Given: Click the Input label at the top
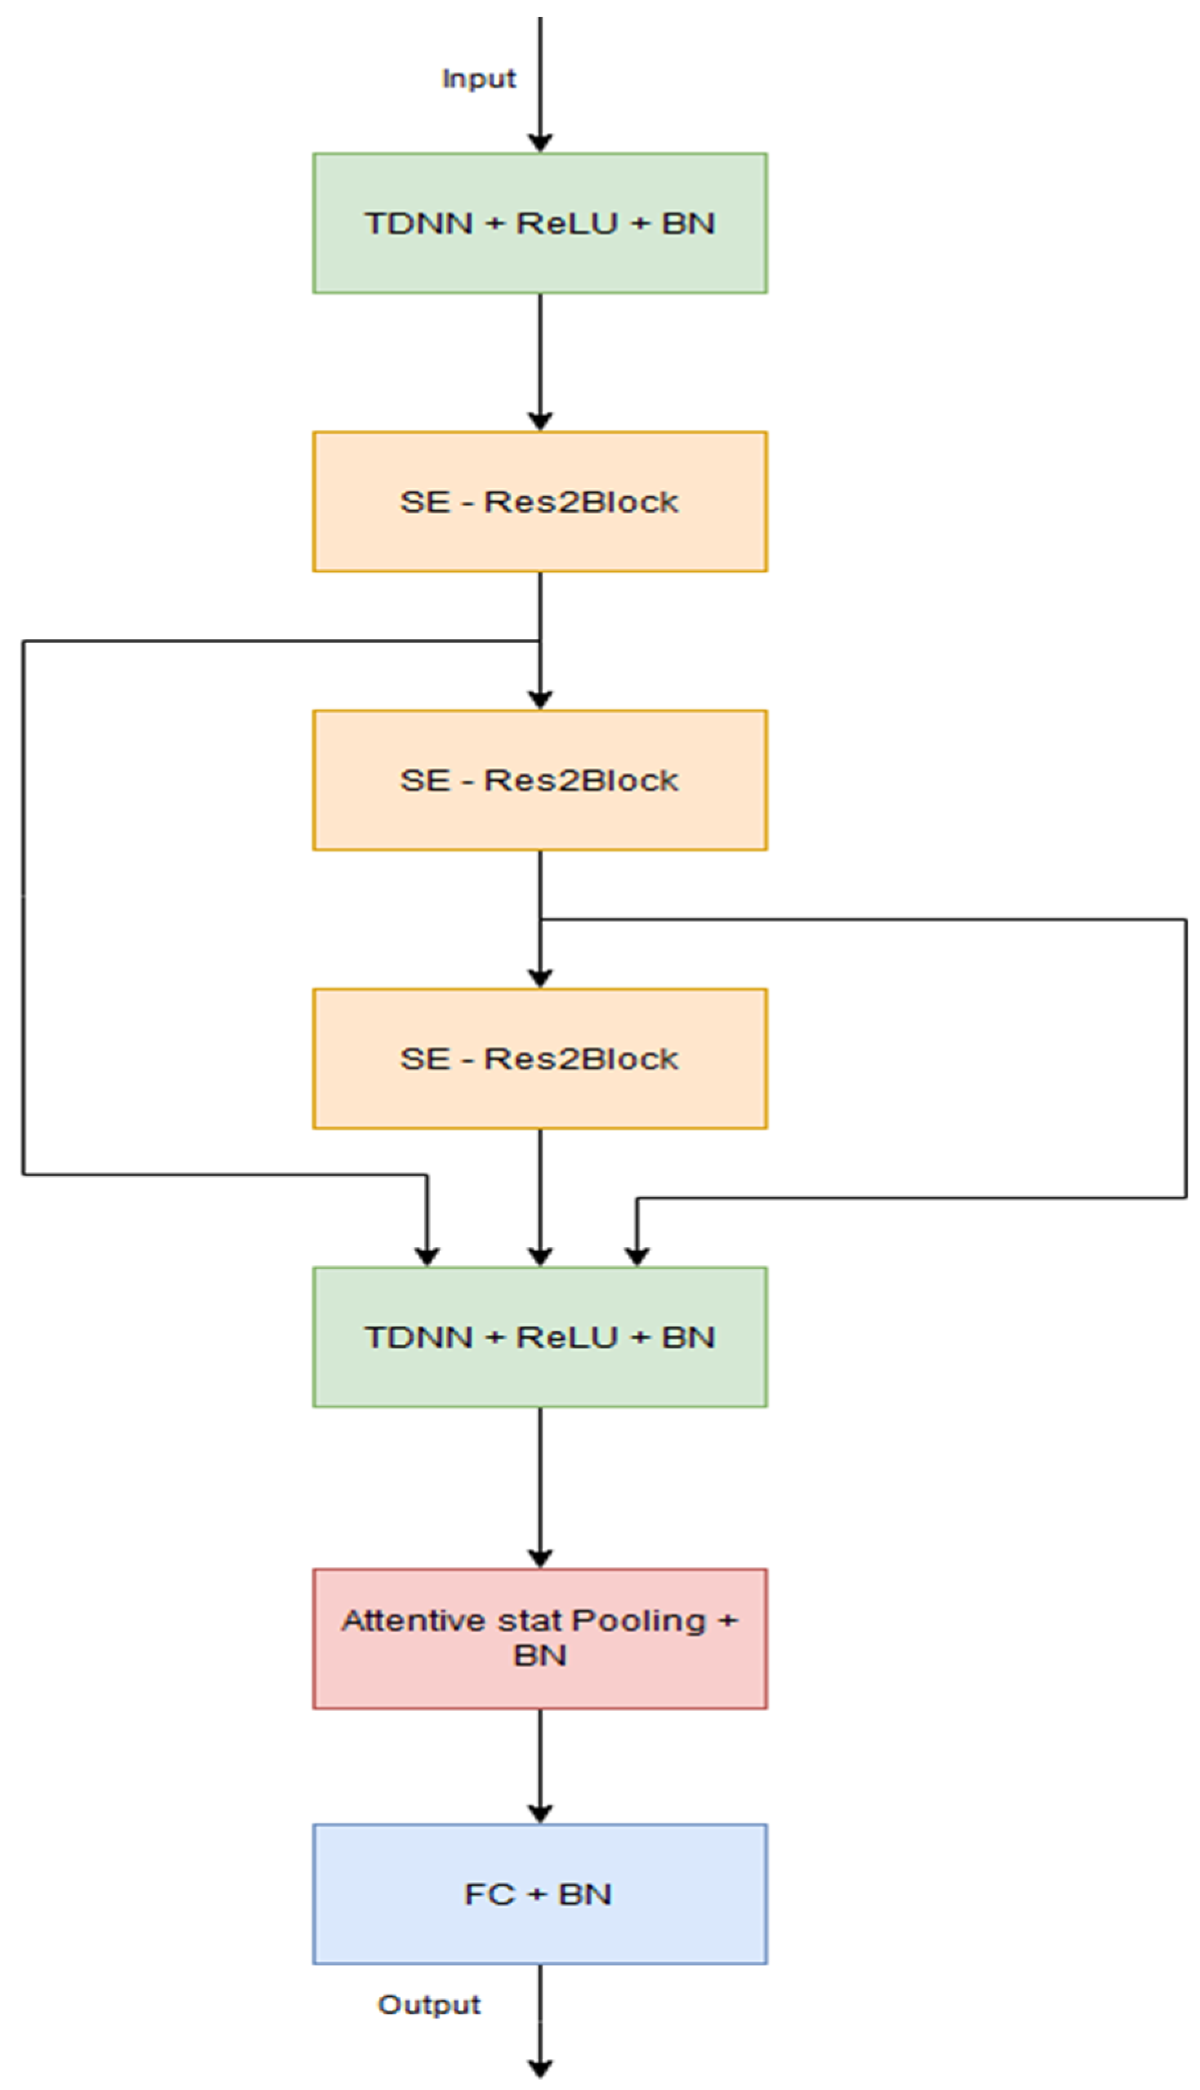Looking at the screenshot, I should pyautogui.click(x=478, y=79).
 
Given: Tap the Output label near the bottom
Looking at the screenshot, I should pyautogui.click(x=429, y=2004).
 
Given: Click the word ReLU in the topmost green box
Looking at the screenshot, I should pyautogui.click(x=566, y=223).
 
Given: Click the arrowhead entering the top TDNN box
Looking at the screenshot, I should pyautogui.click(x=540, y=143).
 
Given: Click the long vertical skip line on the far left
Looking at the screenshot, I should pyautogui.click(x=23, y=907).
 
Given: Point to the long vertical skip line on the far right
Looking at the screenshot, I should pyautogui.click(x=1186, y=1059).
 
